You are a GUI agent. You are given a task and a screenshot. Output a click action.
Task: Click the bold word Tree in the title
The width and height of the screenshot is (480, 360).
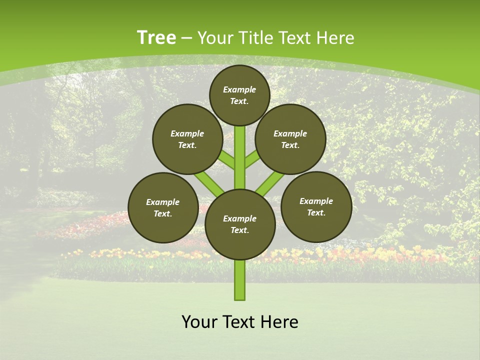(x=156, y=38)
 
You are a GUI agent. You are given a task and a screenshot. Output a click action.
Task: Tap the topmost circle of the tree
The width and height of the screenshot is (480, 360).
(x=239, y=95)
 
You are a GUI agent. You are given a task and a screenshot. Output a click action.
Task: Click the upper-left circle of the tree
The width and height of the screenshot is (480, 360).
(x=187, y=139)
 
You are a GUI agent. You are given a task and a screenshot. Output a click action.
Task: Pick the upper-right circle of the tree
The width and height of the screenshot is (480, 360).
(x=290, y=139)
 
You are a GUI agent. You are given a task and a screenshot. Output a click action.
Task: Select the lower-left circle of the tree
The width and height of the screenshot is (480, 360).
(x=163, y=207)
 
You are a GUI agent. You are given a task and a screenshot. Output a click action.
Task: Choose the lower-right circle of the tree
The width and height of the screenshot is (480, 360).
(x=316, y=206)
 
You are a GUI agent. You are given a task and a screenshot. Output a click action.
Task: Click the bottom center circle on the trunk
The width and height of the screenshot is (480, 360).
(x=240, y=224)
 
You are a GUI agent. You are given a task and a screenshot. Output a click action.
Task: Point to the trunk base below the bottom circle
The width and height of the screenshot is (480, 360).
(x=240, y=280)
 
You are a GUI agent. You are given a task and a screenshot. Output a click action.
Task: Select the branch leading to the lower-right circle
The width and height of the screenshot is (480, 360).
(x=270, y=182)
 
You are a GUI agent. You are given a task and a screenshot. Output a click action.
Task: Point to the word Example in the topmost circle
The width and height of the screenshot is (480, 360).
(x=239, y=89)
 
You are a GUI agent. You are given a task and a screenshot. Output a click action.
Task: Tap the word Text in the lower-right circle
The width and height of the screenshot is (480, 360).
(x=316, y=212)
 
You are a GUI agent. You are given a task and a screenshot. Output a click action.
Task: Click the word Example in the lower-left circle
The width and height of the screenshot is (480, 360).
(x=162, y=202)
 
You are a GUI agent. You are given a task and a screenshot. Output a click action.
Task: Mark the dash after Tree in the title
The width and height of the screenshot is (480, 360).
(x=187, y=38)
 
